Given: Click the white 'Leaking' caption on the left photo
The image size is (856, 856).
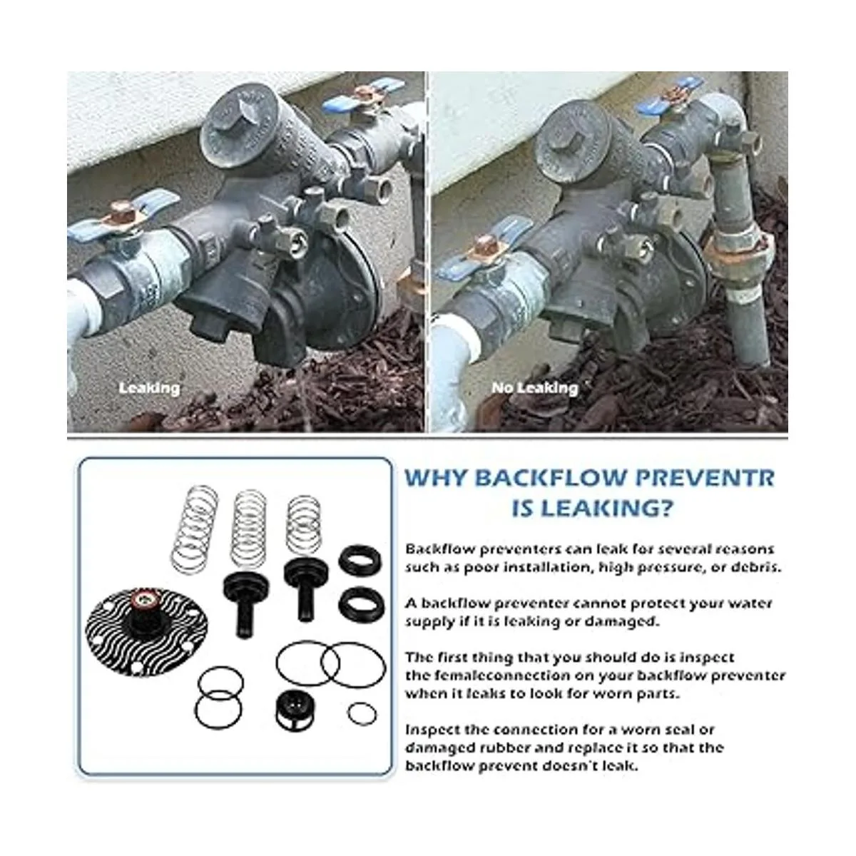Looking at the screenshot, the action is [149, 389].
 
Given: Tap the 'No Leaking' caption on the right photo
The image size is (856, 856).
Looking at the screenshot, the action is [535, 389].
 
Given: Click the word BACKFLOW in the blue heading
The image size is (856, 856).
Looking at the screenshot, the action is [551, 478].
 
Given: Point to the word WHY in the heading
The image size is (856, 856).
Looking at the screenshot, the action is [437, 478].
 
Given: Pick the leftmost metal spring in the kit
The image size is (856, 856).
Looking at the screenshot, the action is [195, 529].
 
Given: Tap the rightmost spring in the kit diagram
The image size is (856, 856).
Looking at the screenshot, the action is [305, 524].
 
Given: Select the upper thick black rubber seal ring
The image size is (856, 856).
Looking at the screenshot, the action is [360, 560].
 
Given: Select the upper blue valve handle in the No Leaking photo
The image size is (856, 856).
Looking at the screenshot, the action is [670, 96].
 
